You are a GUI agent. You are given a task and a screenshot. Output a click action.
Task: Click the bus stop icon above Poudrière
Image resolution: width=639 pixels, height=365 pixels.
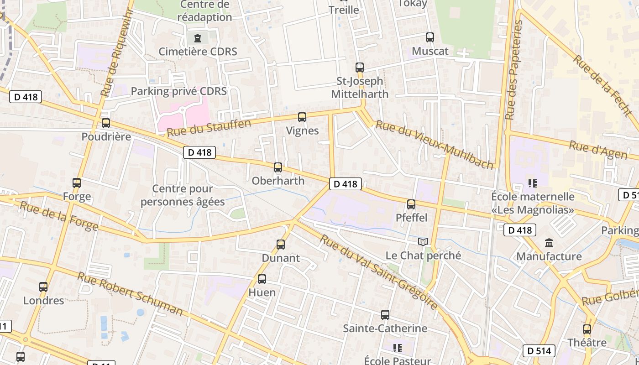coord(106,123)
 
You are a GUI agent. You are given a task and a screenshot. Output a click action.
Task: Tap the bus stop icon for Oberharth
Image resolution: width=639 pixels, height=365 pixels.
coord(278,167)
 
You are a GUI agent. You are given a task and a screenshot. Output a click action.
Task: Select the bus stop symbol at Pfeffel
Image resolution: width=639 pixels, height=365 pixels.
coord(411,204)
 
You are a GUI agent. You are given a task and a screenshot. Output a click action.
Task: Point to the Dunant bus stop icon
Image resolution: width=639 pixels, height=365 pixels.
coord(281,245)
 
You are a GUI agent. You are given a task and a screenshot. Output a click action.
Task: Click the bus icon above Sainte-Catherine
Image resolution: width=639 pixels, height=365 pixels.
coord(385,315)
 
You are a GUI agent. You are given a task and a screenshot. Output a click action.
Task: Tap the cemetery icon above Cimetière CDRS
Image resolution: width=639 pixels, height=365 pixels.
coord(198,38)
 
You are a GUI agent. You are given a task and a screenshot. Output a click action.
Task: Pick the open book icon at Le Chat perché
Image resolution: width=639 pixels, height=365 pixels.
coord(423,242)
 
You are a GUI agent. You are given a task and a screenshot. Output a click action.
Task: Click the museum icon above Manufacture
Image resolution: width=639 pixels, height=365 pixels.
coord(549,243)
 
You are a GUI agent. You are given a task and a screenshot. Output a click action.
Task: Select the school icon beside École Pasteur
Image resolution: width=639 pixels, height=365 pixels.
coord(398,348)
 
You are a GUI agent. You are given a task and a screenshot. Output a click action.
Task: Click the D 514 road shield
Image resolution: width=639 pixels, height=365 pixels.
coord(539,351)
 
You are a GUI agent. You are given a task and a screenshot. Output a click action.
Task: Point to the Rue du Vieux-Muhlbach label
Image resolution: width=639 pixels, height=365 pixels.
coord(435,144)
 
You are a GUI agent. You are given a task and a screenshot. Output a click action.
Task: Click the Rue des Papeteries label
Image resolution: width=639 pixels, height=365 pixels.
coord(513,70)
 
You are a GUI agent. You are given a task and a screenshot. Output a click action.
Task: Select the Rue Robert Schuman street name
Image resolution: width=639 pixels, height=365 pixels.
coord(130,294)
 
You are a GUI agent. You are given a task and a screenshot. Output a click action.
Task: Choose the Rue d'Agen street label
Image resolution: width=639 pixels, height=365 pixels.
coord(598,150)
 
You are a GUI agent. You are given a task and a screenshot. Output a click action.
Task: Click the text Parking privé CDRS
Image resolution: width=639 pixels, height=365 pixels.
coord(179,91)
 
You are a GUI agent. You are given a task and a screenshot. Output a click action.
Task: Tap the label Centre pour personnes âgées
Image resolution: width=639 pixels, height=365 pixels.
coord(183,195)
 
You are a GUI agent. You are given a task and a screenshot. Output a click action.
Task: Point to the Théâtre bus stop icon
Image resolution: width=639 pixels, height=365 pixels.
coord(587,329)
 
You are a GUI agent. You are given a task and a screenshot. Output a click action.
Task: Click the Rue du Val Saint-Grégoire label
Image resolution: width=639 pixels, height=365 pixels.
coord(378,271)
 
